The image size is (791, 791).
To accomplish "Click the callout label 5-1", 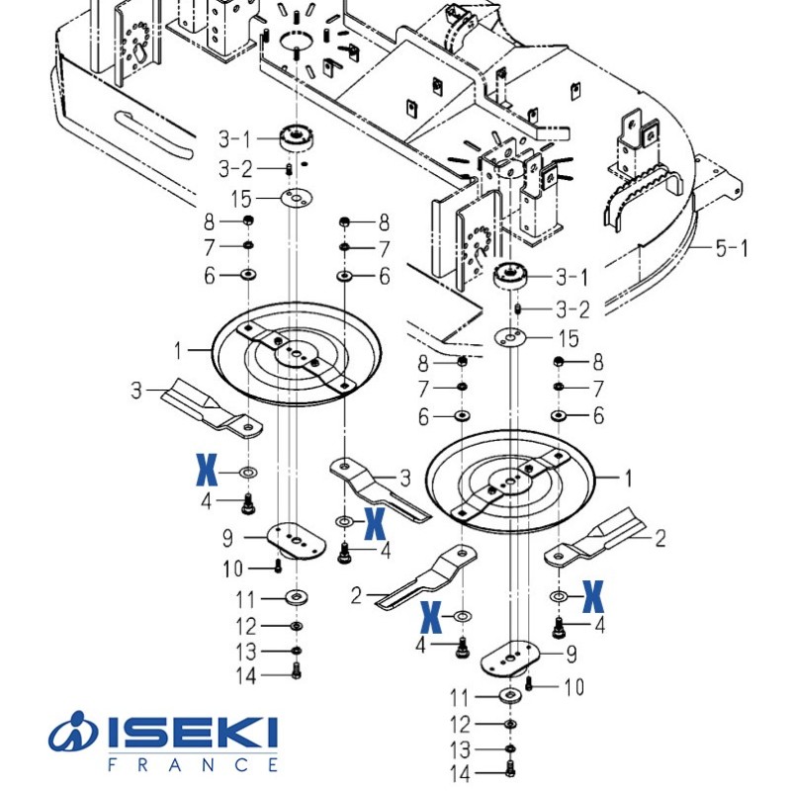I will tap(731, 247).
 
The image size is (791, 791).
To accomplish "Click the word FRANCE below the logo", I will tap(192, 764).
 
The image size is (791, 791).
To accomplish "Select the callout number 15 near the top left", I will tap(242, 199).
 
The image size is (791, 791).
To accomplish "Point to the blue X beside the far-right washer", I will tap(592, 595).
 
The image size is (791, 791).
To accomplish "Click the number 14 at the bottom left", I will tap(246, 676).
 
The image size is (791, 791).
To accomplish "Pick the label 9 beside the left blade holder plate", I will tap(227, 539).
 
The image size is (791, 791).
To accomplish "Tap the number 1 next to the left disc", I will tap(178, 349).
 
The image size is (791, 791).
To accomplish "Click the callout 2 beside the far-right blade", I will tap(660, 538).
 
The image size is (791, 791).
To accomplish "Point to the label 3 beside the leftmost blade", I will tap(137, 391).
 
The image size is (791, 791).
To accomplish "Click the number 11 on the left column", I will tap(246, 599).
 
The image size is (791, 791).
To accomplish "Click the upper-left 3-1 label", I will tap(235, 139).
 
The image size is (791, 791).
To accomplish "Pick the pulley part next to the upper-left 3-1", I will tap(295, 137).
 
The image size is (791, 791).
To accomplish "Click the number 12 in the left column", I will tap(246, 626).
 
